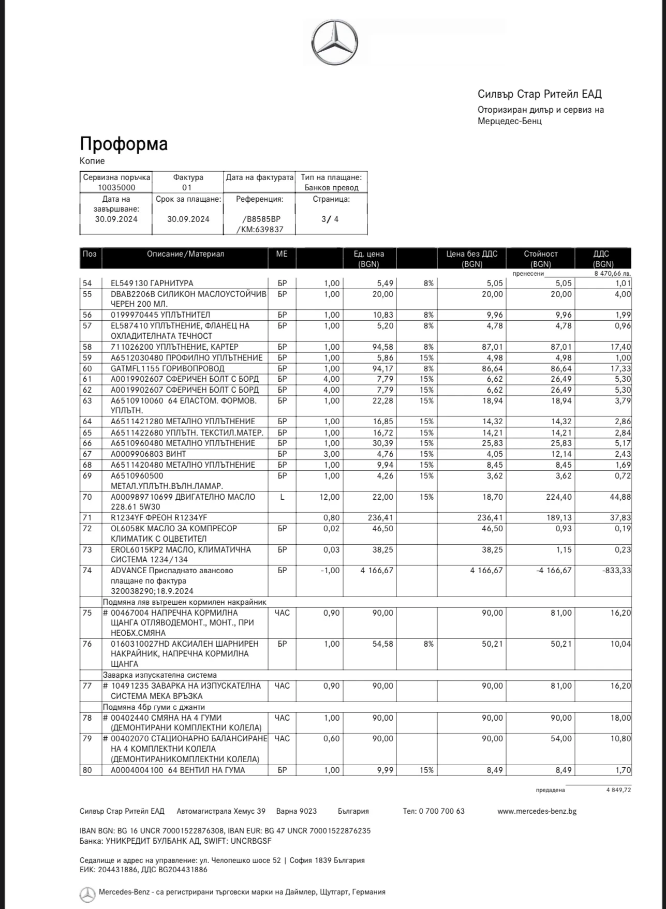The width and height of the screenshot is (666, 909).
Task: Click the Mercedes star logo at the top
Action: pyautogui.click(x=334, y=43)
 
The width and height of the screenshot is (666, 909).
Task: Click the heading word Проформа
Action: pyautogui.click(x=124, y=144)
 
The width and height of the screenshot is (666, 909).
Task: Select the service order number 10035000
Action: pyautogui.click(x=116, y=188)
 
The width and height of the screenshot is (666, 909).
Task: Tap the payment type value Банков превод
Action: pyautogui.click(x=331, y=188)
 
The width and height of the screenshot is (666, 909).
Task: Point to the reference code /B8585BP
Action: pyautogui.click(x=259, y=219)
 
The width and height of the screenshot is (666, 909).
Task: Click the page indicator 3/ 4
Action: pyautogui.click(x=330, y=219)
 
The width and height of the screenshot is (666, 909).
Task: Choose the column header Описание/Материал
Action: pyautogui.click(x=185, y=254)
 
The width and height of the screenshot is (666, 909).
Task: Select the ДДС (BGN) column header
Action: pyautogui.click(x=602, y=259)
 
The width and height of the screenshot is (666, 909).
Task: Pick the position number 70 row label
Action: pyautogui.click(x=87, y=497)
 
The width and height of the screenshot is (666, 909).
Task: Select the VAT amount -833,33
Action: pyautogui.click(x=616, y=570)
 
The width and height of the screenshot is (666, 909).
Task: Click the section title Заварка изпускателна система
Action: pyautogui.click(x=159, y=675)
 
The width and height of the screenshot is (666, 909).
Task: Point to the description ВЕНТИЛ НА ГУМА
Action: pyautogui.click(x=211, y=770)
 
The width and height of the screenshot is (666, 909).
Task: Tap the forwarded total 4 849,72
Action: pyautogui.click(x=618, y=790)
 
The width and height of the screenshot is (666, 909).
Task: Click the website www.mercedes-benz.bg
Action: pyautogui.click(x=537, y=811)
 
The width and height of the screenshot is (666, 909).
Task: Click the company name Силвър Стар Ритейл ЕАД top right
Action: pyautogui.click(x=540, y=94)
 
